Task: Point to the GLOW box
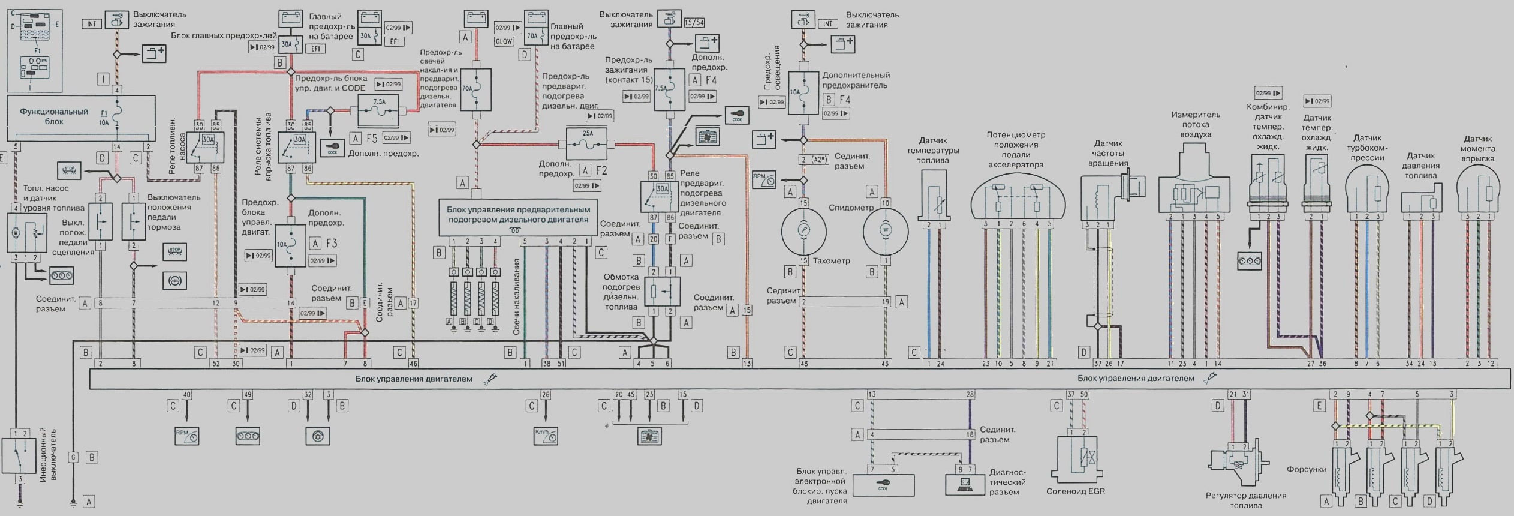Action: click(x=504, y=41)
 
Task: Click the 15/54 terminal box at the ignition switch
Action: click(x=694, y=23)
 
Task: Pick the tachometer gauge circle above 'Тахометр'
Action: click(x=803, y=230)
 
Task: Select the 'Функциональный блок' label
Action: click(x=54, y=116)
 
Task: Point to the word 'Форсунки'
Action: click(x=1306, y=469)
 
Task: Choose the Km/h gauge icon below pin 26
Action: click(x=545, y=435)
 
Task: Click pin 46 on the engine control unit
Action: click(x=413, y=363)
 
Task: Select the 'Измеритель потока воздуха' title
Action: click(x=1195, y=124)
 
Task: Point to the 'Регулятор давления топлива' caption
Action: click(x=1246, y=500)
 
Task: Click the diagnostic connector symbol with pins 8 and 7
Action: click(x=965, y=483)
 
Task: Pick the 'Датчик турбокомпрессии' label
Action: click(x=1367, y=148)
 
